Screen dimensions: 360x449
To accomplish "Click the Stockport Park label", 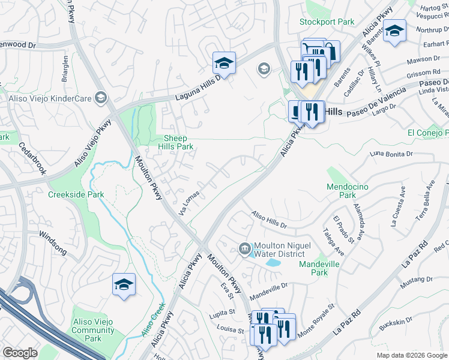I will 327,22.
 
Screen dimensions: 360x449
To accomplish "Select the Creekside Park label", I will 76,194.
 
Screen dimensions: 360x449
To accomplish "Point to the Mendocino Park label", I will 349,191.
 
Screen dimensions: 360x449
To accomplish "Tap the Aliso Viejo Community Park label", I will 92,330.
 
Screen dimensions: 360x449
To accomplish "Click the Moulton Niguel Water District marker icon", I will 245,248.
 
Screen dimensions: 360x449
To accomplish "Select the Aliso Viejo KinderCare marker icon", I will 101,98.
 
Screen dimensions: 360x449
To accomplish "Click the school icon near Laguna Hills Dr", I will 224,62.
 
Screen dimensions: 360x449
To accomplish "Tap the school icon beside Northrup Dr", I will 394,31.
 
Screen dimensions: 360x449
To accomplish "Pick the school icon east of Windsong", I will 124,284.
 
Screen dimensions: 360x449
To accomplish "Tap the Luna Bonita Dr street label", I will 392,154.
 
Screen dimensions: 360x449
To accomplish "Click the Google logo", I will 20,353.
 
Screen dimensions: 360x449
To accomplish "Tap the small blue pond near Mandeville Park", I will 273,263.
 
